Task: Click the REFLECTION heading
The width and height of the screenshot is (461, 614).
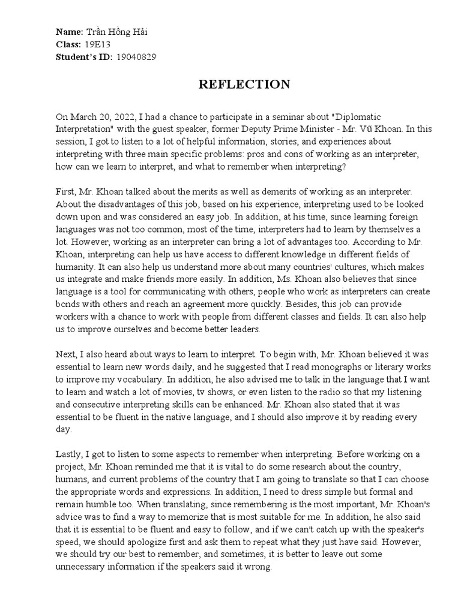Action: coord(244,85)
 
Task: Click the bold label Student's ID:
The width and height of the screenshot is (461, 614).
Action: coord(84,57)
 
